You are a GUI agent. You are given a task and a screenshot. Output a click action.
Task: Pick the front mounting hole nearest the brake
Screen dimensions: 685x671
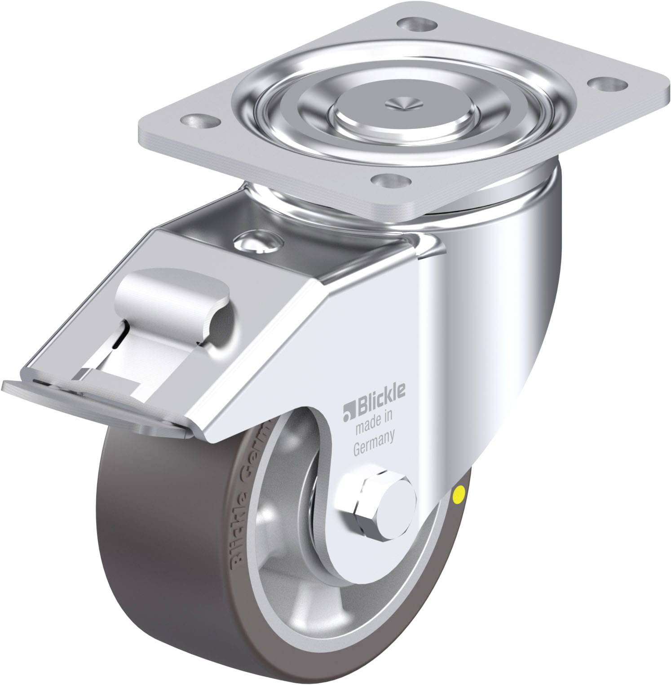point(387,181)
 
